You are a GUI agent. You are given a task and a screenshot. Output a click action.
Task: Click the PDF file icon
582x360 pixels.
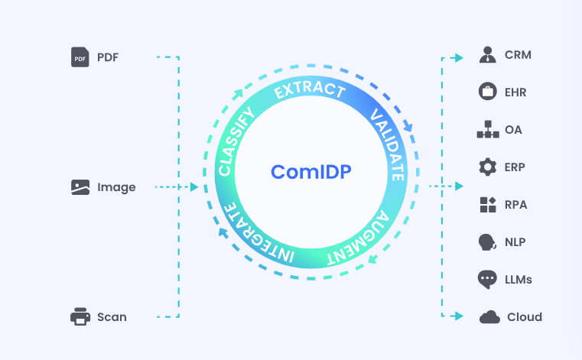coord(80,57)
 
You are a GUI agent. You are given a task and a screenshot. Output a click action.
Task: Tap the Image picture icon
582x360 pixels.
coord(80,186)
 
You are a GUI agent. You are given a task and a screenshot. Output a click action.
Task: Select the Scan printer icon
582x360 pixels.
coord(80,316)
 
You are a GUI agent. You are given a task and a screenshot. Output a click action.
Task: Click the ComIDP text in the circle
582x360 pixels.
coord(311,172)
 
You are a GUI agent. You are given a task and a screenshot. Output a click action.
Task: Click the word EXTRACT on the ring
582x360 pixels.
coord(310,90)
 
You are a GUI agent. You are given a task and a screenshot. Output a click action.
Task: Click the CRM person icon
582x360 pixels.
coord(487,55)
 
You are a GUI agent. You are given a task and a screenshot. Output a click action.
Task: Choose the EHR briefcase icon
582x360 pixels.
coord(487,92)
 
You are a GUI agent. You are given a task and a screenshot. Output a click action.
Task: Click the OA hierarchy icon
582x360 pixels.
coord(487,129)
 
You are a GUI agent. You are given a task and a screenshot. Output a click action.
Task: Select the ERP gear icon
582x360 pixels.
coord(487,167)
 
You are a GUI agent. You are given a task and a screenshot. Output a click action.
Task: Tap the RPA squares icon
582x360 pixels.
coord(487,204)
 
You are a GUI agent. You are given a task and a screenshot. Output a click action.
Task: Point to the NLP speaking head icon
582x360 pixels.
coord(487,242)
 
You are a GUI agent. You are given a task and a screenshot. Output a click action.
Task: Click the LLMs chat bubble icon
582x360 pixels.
coord(487,279)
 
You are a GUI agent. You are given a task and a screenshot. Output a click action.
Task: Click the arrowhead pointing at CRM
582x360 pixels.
coord(458,57)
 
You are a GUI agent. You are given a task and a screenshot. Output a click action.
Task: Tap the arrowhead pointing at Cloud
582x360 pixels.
coord(458,315)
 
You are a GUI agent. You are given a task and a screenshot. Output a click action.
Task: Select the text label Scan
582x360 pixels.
coord(112,316)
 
